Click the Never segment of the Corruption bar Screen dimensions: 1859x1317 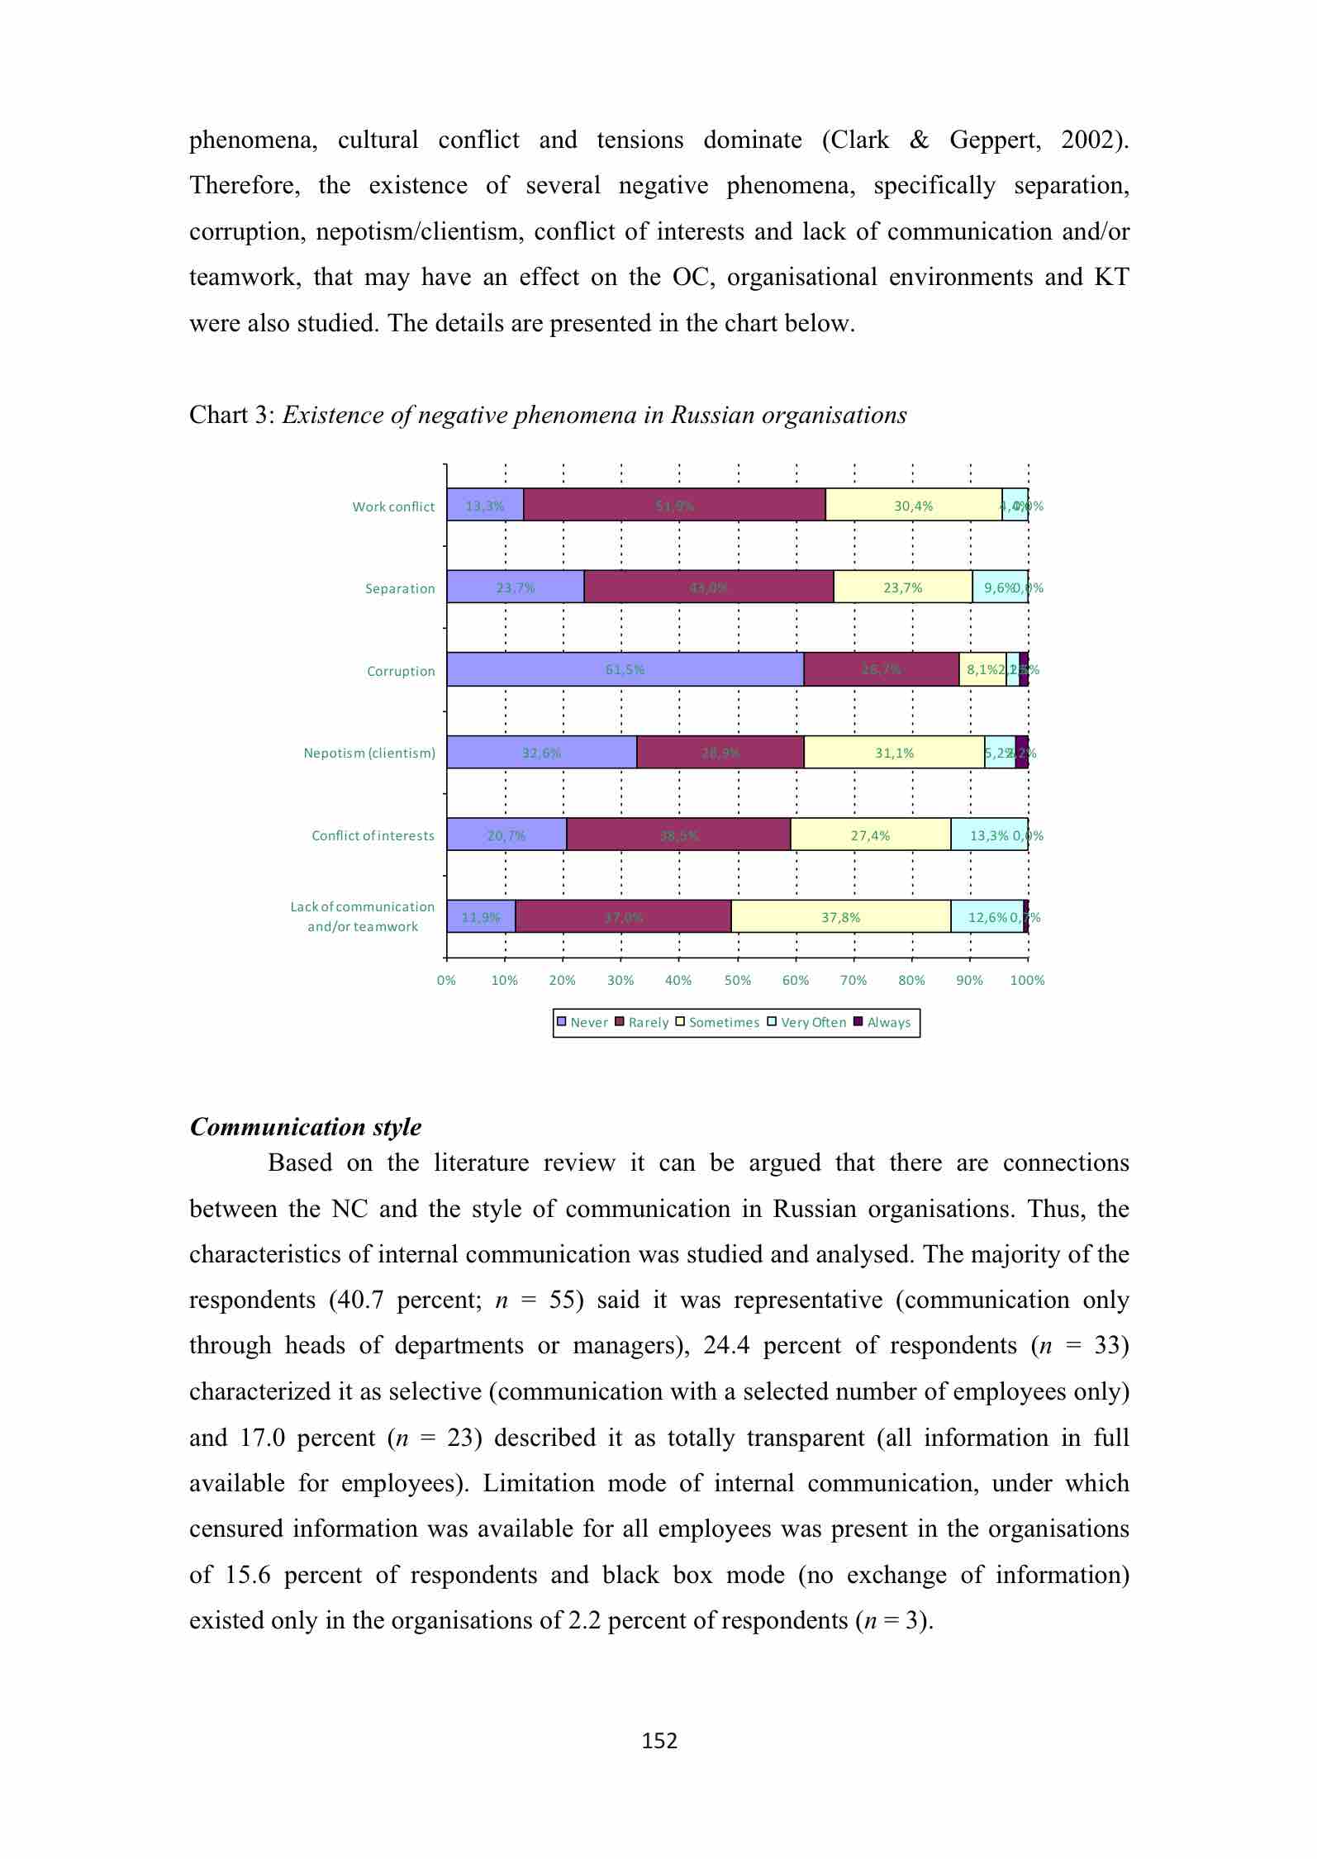click(x=625, y=669)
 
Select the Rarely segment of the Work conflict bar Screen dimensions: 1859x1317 click(x=674, y=505)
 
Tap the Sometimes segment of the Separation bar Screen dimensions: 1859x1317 click(x=902, y=587)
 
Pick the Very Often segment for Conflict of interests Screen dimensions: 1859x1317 click(x=988, y=834)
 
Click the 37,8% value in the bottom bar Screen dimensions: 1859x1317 click(x=840, y=917)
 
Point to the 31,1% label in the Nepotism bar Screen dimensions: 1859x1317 click(x=894, y=753)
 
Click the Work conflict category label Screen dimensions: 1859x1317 click(x=393, y=506)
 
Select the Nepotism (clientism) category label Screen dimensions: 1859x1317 click(x=369, y=753)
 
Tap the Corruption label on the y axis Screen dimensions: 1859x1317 click(x=401, y=671)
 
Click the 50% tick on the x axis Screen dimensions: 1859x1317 click(x=738, y=981)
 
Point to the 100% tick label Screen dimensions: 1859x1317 click(x=1028, y=981)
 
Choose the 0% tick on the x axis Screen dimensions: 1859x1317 click(x=446, y=981)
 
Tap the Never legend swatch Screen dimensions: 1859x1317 click(x=562, y=1022)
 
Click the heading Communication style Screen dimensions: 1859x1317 click(x=306, y=1127)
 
